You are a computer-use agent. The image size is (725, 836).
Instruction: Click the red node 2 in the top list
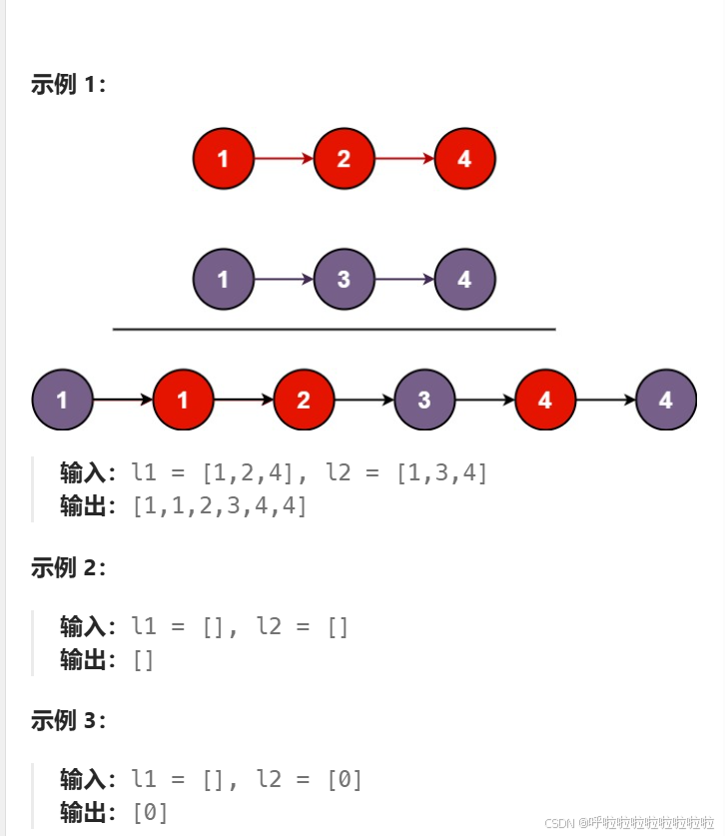[x=344, y=158]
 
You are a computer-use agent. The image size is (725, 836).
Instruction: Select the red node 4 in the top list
[x=464, y=158]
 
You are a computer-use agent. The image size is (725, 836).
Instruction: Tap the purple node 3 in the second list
[x=344, y=279]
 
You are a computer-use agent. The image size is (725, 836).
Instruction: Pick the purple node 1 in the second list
[x=223, y=279]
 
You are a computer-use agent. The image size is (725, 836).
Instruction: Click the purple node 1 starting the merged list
[x=62, y=401]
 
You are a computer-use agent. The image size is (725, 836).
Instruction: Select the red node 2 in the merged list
[x=304, y=401]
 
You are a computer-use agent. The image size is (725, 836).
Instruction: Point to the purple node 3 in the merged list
[x=424, y=401]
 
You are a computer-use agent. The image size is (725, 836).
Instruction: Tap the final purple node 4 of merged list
[x=665, y=401]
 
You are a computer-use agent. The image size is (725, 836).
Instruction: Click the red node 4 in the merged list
[x=544, y=401]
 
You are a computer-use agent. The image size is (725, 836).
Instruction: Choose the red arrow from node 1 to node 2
[x=284, y=158]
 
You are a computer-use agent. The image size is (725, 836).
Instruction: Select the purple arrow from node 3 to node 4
[x=404, y=279]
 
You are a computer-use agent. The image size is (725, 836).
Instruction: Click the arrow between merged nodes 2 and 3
[x=364, y=401]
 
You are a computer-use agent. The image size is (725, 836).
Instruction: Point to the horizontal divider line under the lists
[x=334, y=329]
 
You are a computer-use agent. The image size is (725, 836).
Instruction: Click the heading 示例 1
[x=68, y=85]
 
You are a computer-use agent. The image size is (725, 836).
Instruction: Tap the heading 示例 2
[x=68, y=568]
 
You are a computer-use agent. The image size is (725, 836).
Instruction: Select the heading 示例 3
[x=68, y=721]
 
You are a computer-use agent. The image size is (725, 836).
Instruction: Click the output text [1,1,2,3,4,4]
[x=220, y=506]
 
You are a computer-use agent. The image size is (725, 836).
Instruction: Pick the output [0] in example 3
[x=150, y=811]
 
